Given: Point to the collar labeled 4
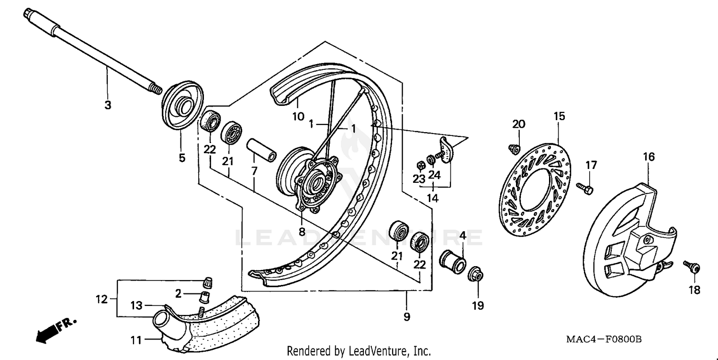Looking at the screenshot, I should coord(453,261).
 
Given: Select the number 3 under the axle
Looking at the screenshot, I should coord(108,105).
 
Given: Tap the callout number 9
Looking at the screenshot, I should coord(406,316).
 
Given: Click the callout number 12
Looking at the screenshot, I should coord(101,300).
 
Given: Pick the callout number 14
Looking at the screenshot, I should coord(433,197).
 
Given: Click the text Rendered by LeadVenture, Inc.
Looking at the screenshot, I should coord(359,351).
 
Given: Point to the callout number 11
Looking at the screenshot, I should coord(136,340).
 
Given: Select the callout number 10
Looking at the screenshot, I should coord(298,116).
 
